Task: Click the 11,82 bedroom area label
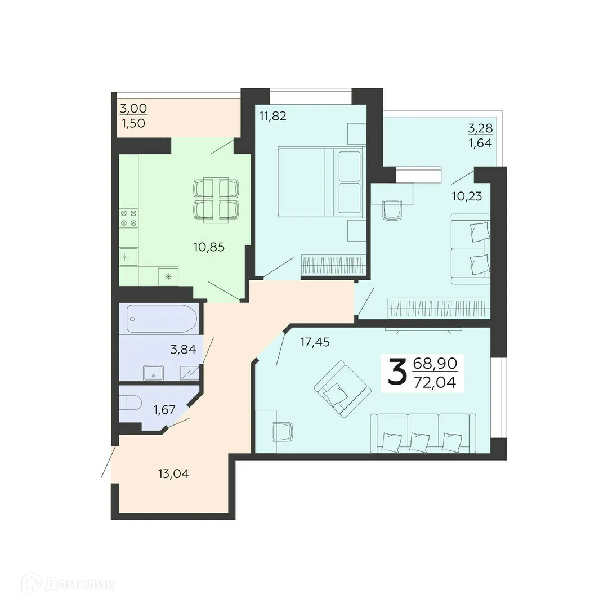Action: (272, 117)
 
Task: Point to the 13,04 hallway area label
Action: (173, 473)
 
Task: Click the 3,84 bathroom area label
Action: (184, 350)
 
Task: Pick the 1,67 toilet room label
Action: (166, 409)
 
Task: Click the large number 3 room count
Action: (396, 373)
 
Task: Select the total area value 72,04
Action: (435, 383)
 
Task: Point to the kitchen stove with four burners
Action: (129, 217)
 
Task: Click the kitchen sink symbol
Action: (126, 257)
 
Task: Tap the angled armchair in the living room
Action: (342, 389)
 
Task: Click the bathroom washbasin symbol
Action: (154, 373)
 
